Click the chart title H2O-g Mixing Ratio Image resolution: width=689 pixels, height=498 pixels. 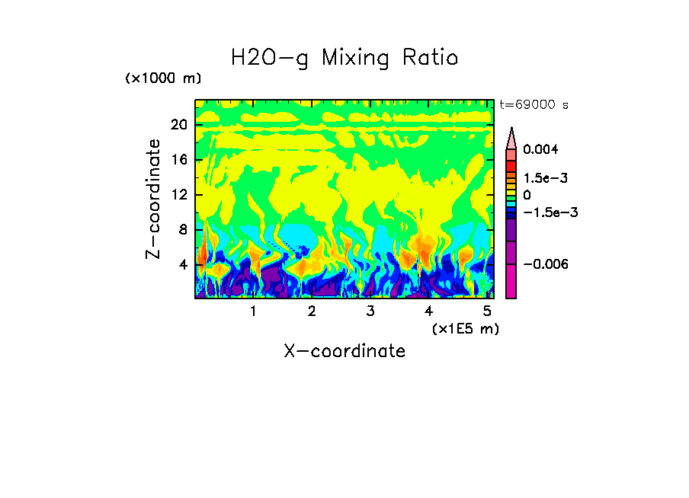point(344,58)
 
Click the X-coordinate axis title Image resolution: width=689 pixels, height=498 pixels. point(344,351)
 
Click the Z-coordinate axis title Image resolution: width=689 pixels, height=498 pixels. point(154,199)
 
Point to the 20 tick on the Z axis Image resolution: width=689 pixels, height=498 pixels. point(179,125)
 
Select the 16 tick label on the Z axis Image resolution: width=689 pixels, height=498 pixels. point(179,160)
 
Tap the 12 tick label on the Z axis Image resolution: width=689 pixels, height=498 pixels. point(179,195)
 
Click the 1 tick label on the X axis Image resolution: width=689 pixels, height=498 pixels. point(253,311)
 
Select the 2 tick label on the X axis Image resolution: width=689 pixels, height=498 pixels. point(312,311)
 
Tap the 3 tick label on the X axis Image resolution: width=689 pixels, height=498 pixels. point(370,311)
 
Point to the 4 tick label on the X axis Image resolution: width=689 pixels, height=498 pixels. point(428,311)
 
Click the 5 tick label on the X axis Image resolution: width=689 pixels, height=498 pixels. point(487,311)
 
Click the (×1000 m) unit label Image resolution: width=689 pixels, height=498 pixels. point(163,78)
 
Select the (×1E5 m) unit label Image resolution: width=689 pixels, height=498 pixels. point(465,328)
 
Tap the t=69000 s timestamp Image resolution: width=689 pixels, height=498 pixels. point(534,104)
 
